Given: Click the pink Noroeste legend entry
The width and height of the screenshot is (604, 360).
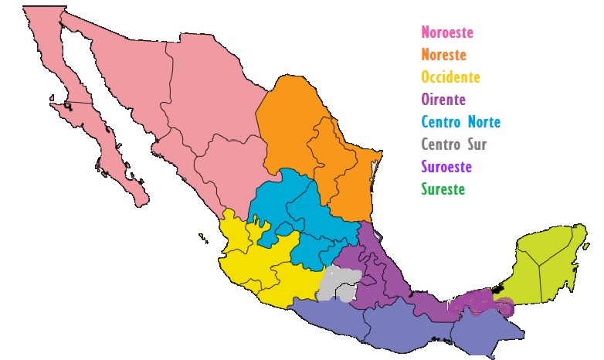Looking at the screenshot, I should point(447,32).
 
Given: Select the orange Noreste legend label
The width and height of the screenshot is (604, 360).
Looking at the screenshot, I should point(444,55).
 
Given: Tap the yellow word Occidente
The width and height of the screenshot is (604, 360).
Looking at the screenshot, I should point(450,77).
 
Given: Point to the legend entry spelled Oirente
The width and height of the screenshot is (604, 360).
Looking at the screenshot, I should point(444,100).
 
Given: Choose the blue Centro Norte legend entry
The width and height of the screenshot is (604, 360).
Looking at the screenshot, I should point(460,122).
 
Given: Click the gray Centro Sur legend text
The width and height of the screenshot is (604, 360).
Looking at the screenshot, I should point(454,144).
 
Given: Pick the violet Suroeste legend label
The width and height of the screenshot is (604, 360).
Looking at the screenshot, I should point(446,167).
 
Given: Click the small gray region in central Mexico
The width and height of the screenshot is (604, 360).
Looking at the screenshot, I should point(338,282).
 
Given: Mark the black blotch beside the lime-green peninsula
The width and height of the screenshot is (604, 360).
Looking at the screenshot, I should point(498,289).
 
